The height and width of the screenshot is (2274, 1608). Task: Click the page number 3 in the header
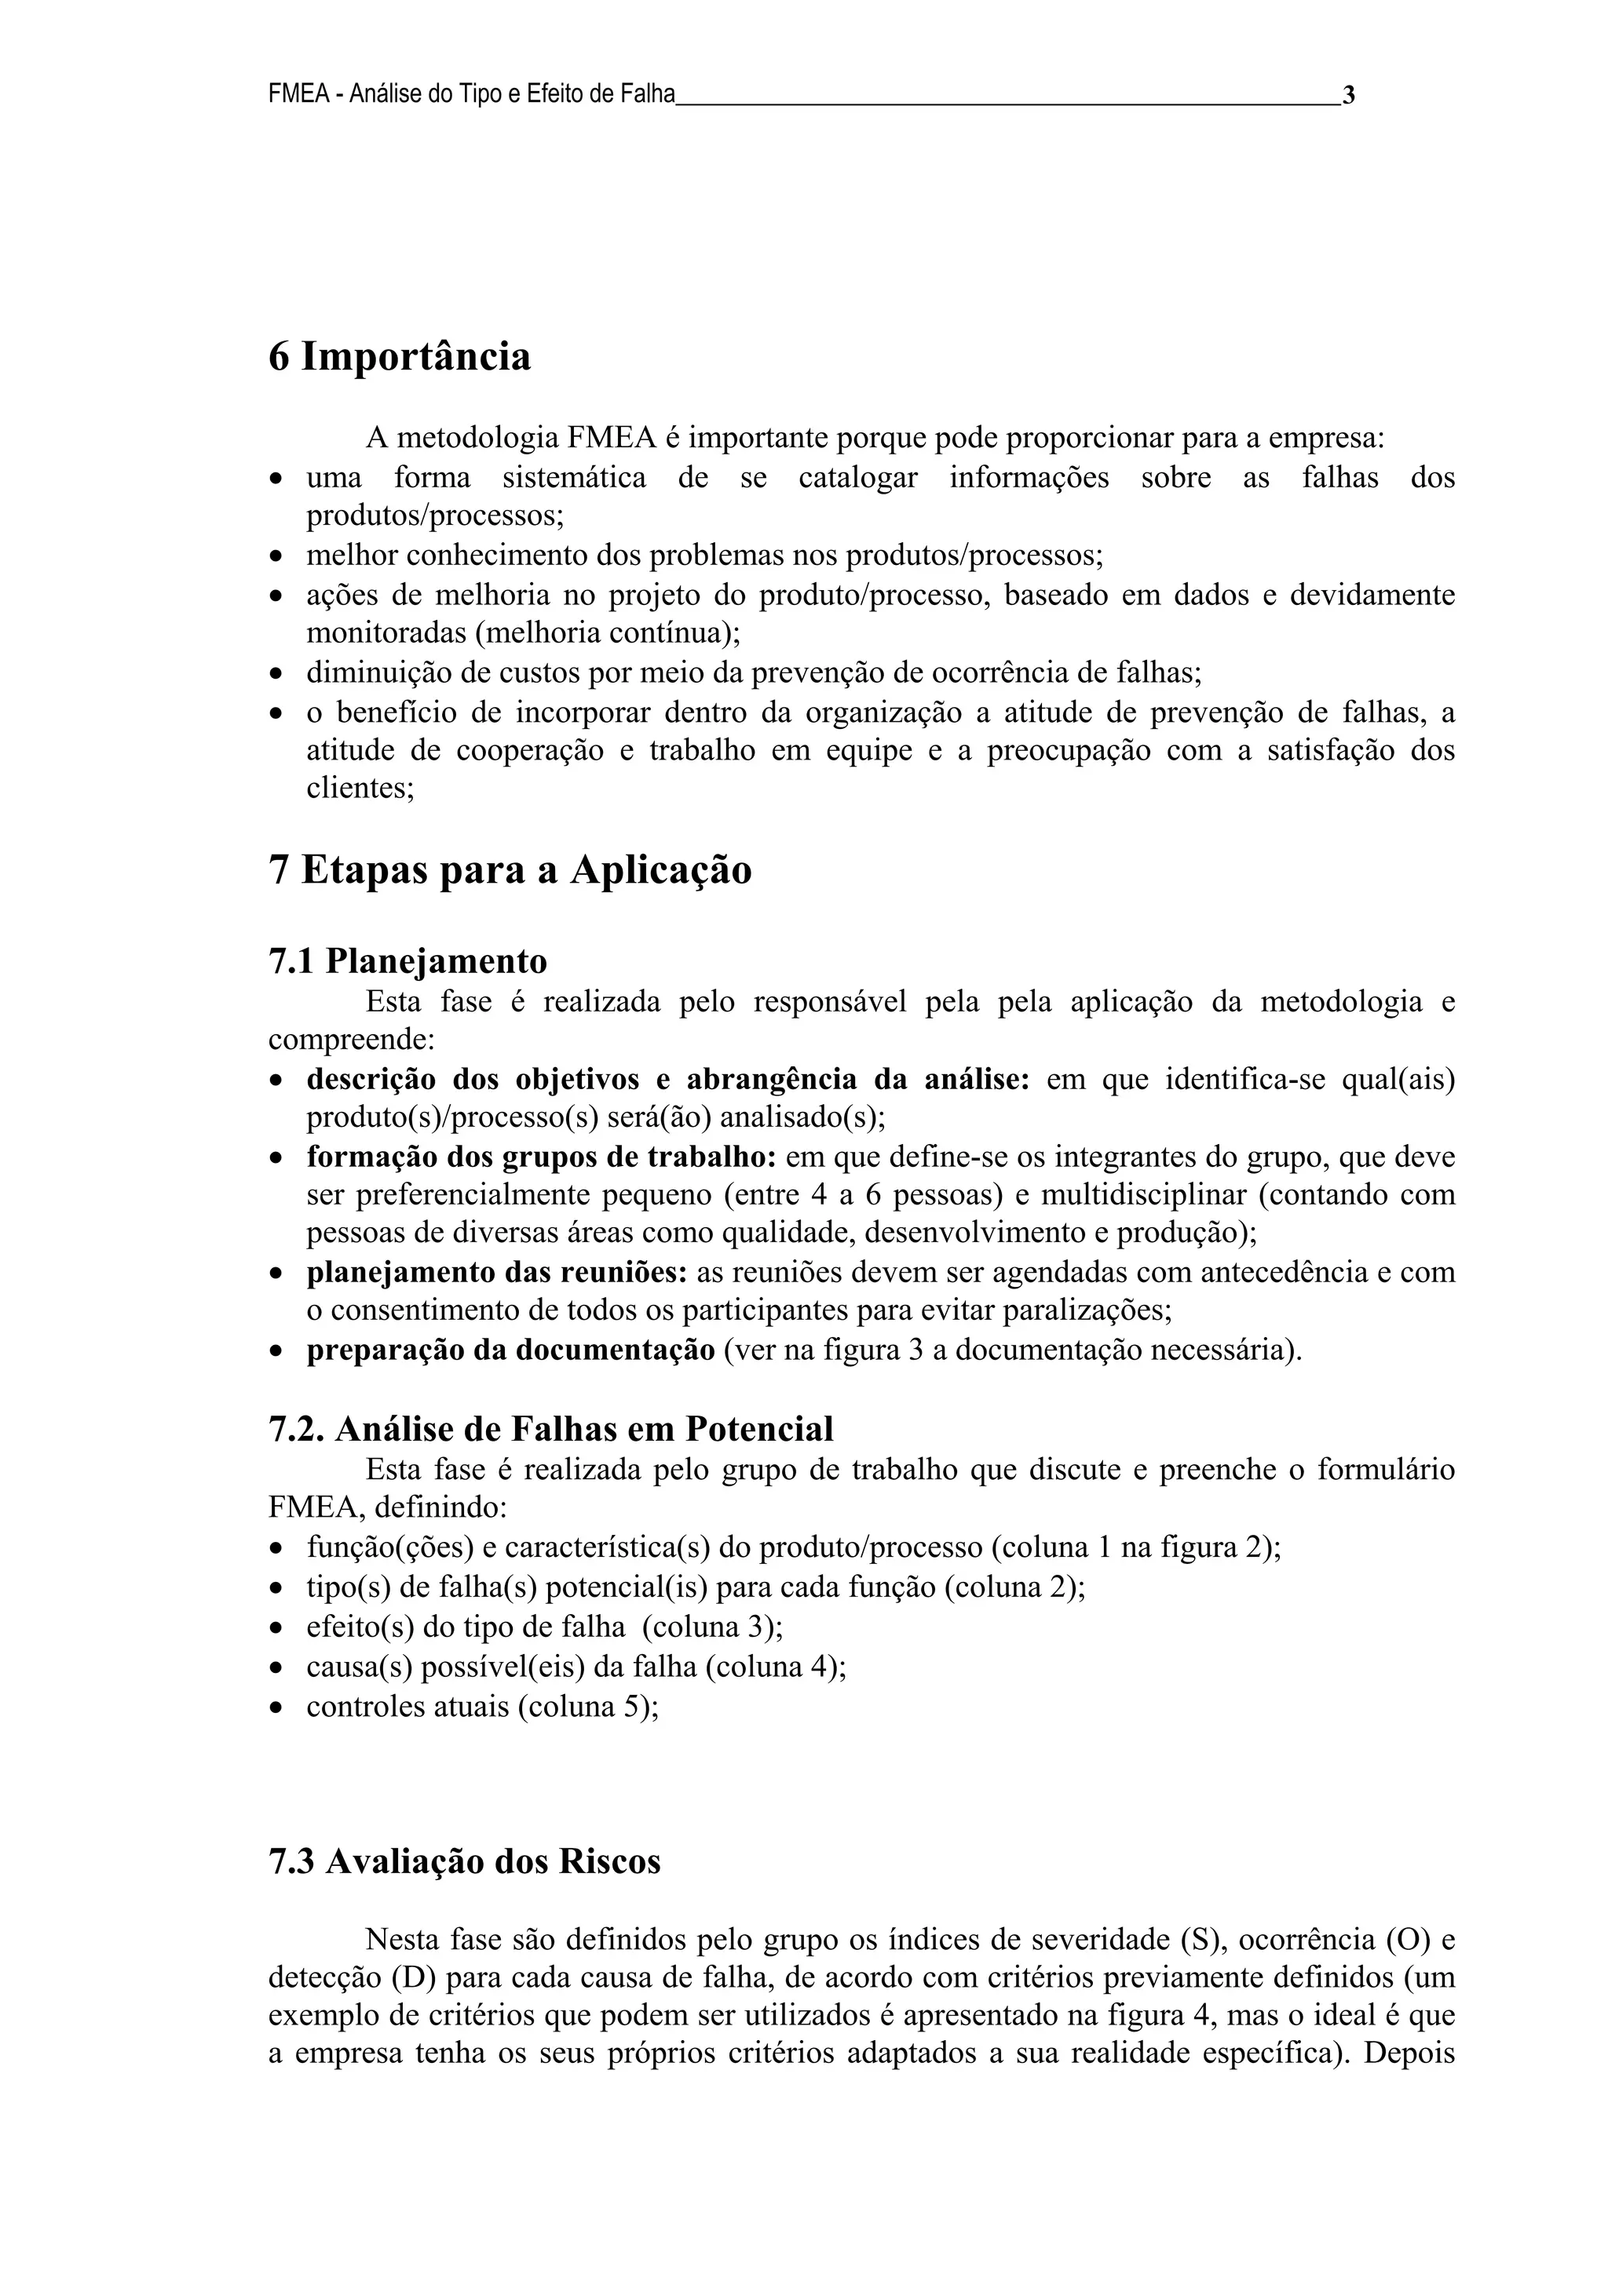[x=1348, y=96]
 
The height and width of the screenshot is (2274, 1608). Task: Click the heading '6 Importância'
[x=400, y=356]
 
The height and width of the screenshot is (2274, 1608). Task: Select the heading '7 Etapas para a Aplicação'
[x=510, y=869]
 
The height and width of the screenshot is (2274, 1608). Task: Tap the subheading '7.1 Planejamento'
[x=407, y=960]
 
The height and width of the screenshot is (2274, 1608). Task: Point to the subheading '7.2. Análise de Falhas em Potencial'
[x=551, y=1428]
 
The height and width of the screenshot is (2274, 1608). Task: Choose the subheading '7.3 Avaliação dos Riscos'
[x=464, y=1861]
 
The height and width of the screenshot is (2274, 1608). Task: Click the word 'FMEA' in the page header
[x=298, y=96]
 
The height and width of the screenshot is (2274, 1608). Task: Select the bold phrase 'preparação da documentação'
[x=510, y=1350]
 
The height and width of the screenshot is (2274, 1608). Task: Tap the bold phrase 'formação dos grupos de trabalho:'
[x=541, y=1156]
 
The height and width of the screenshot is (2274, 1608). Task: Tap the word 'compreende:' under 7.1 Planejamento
[x=352, y=1040]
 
